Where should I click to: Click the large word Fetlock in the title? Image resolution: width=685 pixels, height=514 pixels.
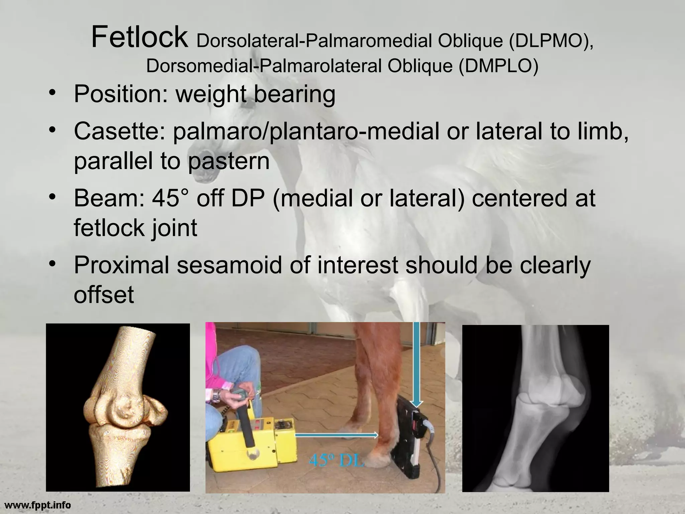tap(139, 37)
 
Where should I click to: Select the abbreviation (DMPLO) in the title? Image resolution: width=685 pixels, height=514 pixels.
tap(498, 66)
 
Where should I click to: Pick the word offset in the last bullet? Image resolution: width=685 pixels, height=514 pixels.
tap(104, 294)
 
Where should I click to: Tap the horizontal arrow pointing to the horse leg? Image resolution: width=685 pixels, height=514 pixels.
tap(336, 435)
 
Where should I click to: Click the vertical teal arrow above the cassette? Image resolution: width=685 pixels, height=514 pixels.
tap(416, 365)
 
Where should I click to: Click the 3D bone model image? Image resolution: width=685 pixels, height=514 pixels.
tap(118, 407)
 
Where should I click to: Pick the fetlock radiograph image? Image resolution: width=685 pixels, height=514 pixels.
tap(535, 408)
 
